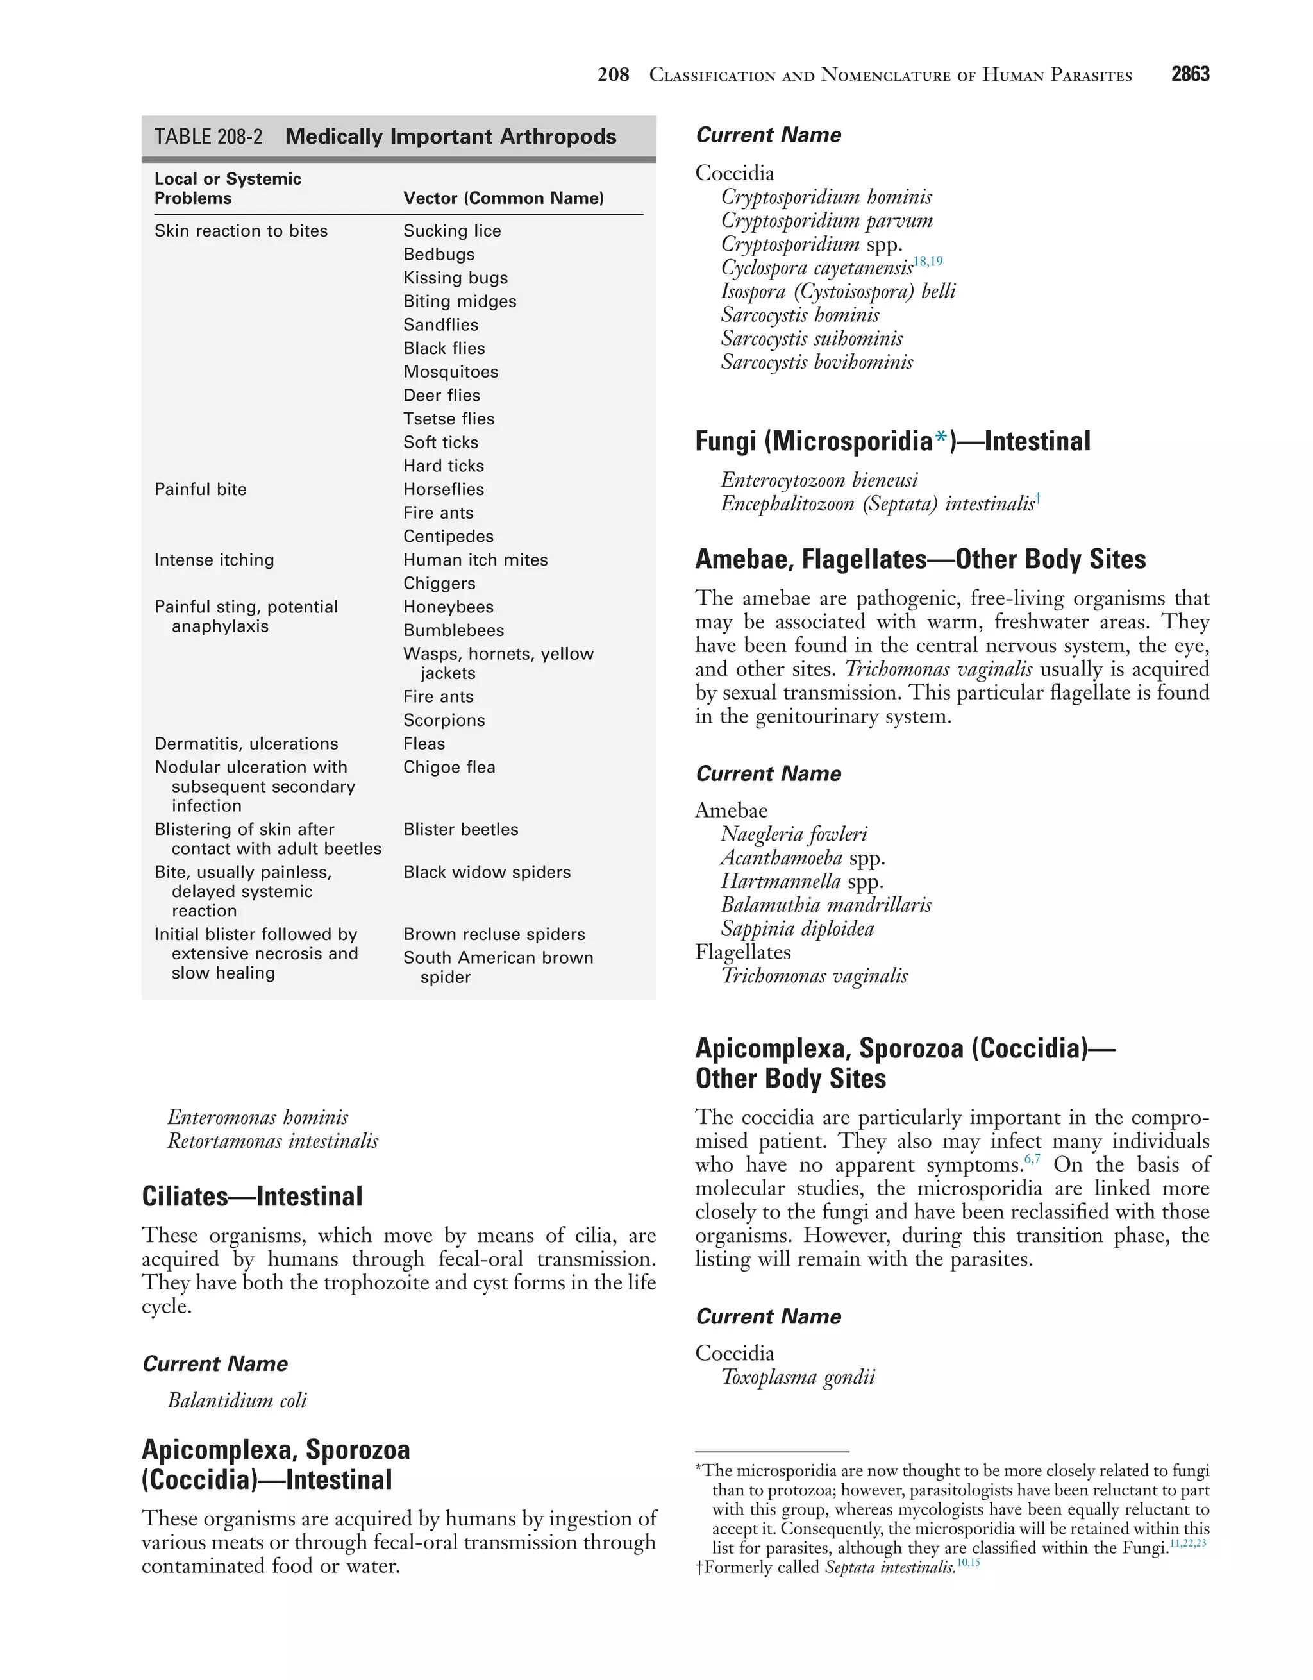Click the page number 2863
(x=1189, y=74)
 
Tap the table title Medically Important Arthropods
(x=450, y=137)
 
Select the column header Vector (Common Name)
(x=503, y=199)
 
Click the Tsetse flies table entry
(x=448, y=419)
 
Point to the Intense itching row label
(x=214, y=560)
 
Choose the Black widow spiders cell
(x=487, y=872)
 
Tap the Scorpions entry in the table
(x=444, y=721)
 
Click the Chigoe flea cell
(x=449, y=768)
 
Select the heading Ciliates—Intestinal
(x=251, y=1197)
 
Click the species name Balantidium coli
(x=237, y=1401)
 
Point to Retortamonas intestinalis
(x=272, y=1141)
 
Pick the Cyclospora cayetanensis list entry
(x=816, y=269)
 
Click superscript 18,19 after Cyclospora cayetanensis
(x=928, y=262)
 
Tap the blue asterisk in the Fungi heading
(x=940, y=440)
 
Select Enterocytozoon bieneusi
(x=819, y=481)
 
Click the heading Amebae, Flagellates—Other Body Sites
(x=920, y=559)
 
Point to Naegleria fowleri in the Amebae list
(x=794, y=835)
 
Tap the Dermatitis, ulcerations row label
(x=246, y=744)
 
